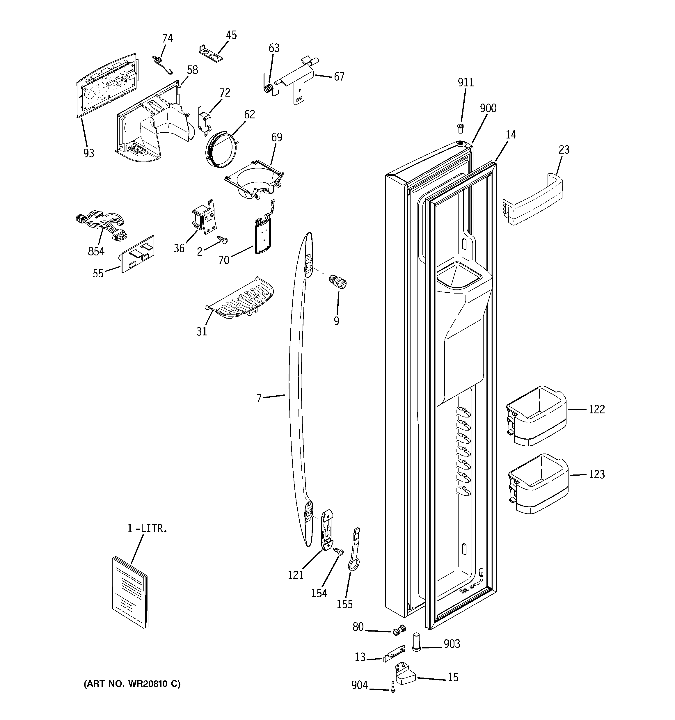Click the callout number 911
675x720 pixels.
466,83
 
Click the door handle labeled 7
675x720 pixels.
295,395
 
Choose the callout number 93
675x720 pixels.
88,153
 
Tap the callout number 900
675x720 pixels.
488,108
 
